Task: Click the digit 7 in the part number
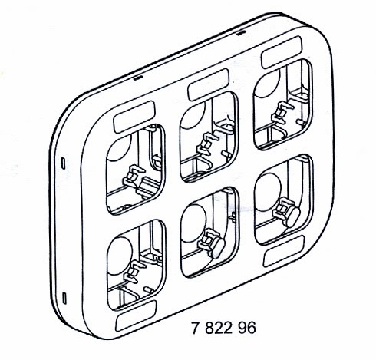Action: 196,328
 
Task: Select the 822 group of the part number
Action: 219,328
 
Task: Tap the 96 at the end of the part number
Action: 247,328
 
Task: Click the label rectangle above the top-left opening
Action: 134,117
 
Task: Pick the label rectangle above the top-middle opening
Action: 208,84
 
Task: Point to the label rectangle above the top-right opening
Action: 282,52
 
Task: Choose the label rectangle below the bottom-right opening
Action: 284,251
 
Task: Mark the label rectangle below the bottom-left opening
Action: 136,316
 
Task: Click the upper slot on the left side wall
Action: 64,163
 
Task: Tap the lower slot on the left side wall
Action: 64,299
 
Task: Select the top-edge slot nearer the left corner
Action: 138,78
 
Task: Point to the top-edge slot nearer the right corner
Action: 241,33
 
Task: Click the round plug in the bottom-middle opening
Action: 217,248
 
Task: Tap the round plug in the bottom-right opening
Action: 292,217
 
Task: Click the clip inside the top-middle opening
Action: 207,144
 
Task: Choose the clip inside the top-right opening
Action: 282,113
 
